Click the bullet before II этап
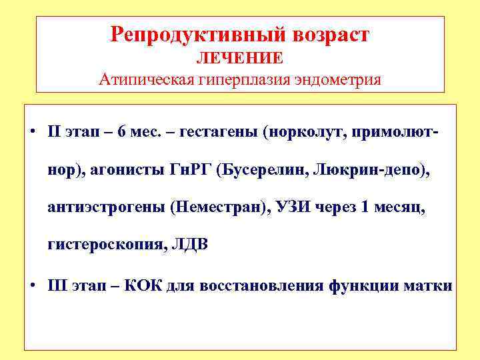33,130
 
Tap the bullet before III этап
33,287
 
